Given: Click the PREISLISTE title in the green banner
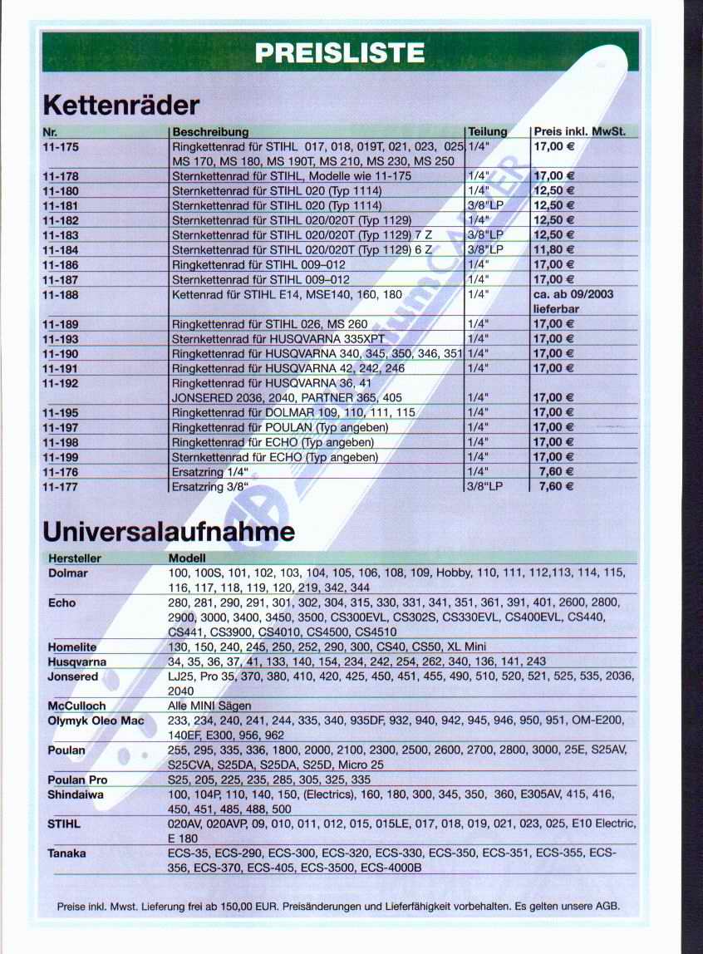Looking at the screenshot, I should coord(340,53).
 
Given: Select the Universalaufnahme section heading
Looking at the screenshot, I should coord(168,530).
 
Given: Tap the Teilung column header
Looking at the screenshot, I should coord(487,131).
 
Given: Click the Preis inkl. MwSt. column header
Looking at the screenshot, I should coord(579,131).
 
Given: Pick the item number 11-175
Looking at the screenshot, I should coord(60,146).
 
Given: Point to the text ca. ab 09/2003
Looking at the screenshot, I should coord(573,294).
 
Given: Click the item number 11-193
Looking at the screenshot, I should coord(60,339).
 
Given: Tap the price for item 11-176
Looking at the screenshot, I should coord(557,472).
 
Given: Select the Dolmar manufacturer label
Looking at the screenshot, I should coord(68,573).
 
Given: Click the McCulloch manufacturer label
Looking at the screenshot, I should coord(76,706).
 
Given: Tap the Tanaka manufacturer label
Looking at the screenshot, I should coord(67,853).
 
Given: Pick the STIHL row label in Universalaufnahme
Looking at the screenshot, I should coord(64,824).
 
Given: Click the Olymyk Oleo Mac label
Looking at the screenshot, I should coord(96,720).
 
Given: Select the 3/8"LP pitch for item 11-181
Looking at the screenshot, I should coord(486,205).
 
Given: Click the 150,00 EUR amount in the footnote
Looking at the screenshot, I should coord(251,907).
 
